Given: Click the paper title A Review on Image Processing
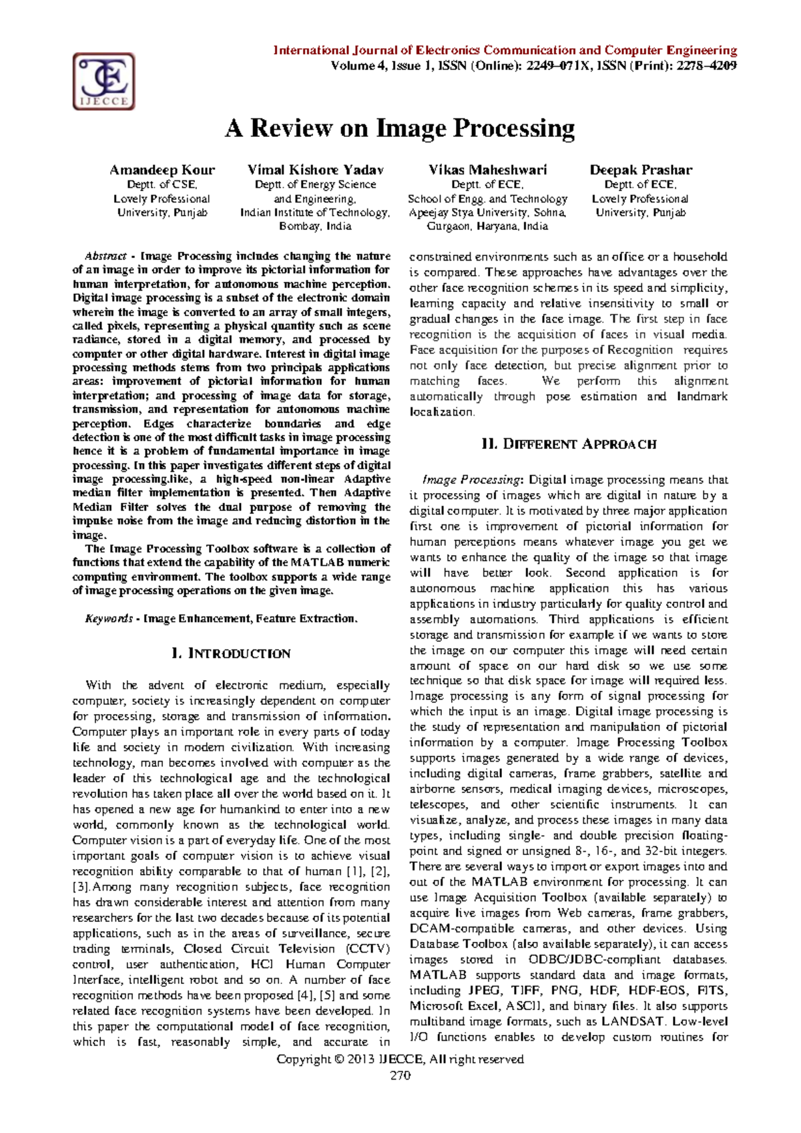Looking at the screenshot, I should (399, 128).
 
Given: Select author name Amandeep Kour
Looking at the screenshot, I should (162, 170).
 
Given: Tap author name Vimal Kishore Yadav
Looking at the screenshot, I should (315, 170).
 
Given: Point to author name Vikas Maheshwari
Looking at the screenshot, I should (487, 170).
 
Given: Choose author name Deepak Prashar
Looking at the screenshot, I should (640, 170).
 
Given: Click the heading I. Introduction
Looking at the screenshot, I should (231, 653).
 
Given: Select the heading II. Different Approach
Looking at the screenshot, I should (568, 444).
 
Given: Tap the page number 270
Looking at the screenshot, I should (400, 1075).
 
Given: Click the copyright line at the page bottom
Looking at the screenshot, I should (400, 1059).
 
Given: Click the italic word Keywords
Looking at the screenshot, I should (109, 619).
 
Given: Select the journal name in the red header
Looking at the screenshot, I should (505, 50).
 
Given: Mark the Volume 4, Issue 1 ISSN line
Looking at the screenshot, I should (533, 65).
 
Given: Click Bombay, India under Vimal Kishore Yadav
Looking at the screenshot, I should (315, 226).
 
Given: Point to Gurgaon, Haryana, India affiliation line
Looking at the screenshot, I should (487, 226).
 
